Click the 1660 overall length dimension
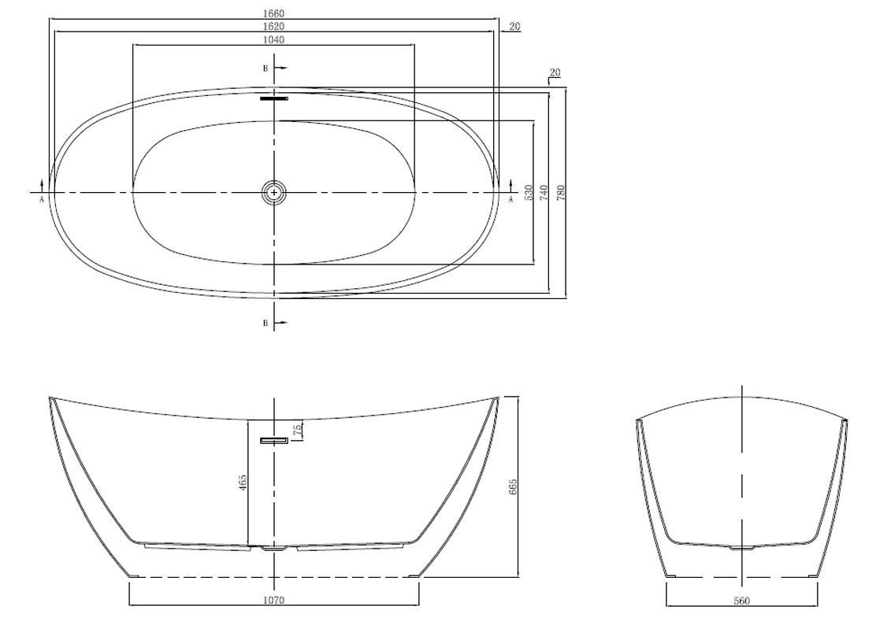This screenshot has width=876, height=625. tap(274, 13)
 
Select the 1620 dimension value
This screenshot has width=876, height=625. tap(274, 26)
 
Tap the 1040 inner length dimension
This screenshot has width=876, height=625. tap(274, 39)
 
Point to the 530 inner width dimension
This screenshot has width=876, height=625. tap(529, 193)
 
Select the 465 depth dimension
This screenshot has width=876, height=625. tap(243, 483)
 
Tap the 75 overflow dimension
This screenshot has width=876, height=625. tap(299, 429)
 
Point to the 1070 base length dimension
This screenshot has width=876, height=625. tap(274, 601)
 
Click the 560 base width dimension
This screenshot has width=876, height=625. tap(741, 601)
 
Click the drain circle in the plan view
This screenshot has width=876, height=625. tap(274, 192)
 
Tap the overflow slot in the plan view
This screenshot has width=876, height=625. tap(274, 98)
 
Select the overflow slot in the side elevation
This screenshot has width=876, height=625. tap(274, 440)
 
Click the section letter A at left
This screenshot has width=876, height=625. tap(42, 200)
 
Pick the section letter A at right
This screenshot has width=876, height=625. tap(510, 200)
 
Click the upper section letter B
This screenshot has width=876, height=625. tap(266, 68)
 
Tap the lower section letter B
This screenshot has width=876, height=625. tap(266, 323)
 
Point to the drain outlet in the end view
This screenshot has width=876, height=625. tap(741, 548)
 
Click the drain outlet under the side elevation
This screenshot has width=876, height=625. tap(274, 549)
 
